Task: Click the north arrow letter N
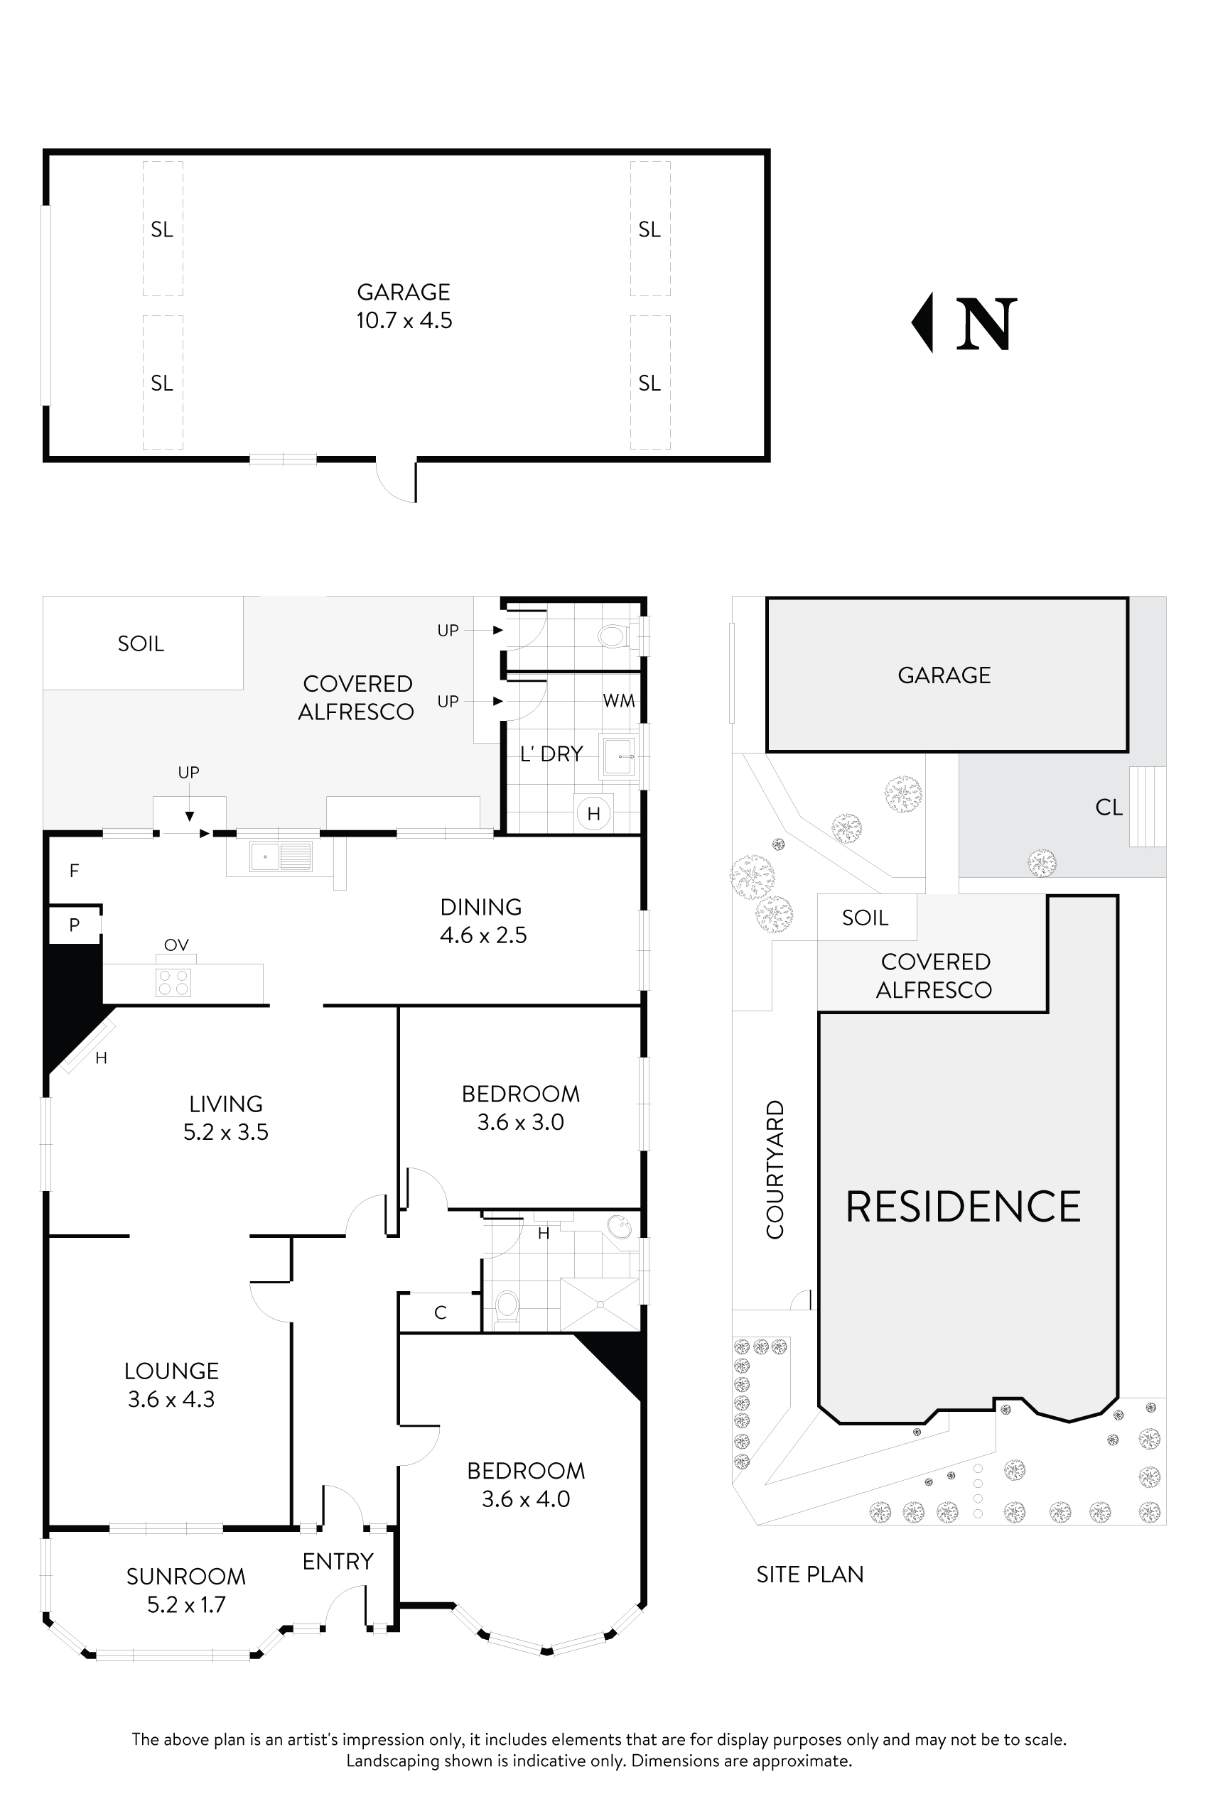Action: click(x=986, y=324)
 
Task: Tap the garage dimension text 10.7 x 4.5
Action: click(x=404, y=320)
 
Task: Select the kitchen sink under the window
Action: click(x=281, y=856)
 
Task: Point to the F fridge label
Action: click(x=74, y=871)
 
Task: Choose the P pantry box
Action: click(x=75, y=925)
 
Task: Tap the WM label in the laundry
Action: click(x=619, y=701)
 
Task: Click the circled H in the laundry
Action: click(x=593, y=813)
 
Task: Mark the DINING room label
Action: click(x=481, y=907)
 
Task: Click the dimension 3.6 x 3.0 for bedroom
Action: click(x=520, y=1123)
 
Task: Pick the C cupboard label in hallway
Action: click(x=441, y=1313)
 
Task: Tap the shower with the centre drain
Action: click(x=599, y=1305)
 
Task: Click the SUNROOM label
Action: click(x=185, y=1577)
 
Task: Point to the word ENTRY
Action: click(x=338, y=1562)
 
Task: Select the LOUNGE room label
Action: click(x=172, y=1371)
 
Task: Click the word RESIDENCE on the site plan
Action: click(x=963, y=1207)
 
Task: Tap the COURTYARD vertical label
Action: click(x=775, y=1170)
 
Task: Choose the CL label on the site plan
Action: click(x=1109, y=807)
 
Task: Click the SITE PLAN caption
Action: click(x=809, y=1575)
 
